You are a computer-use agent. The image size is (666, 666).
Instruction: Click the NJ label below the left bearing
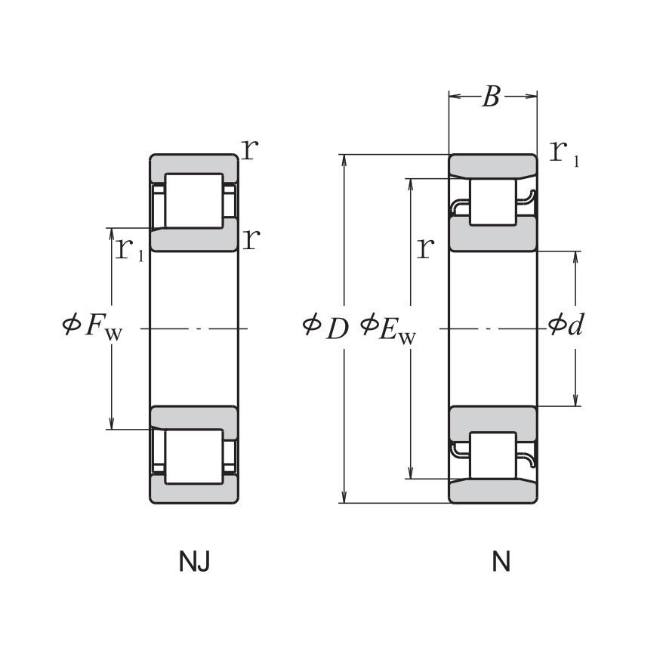click(x=193, y=562)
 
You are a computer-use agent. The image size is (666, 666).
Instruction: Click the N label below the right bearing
click(x=501, y=562)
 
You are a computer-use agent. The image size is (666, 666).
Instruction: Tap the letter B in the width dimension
click(x=492, y=97)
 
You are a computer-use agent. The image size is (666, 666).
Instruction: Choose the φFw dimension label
click(x=91, y=326)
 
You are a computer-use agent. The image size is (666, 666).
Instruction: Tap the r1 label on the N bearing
click(x=564, y=153)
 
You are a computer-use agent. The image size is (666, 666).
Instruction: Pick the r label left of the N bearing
click(x=426, y=247)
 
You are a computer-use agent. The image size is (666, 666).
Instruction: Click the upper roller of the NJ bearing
click(x=194, y=200)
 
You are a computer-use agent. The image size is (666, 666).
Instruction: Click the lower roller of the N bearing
click(x=492, y=455)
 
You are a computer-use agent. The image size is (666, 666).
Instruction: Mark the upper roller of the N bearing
click(x=492, y=202)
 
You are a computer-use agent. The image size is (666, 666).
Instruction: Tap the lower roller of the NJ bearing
click(x=194, y=457)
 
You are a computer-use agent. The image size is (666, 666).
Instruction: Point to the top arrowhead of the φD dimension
click(x=344, y=160)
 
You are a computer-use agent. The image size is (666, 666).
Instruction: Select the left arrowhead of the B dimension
click(x=454, y=97)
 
